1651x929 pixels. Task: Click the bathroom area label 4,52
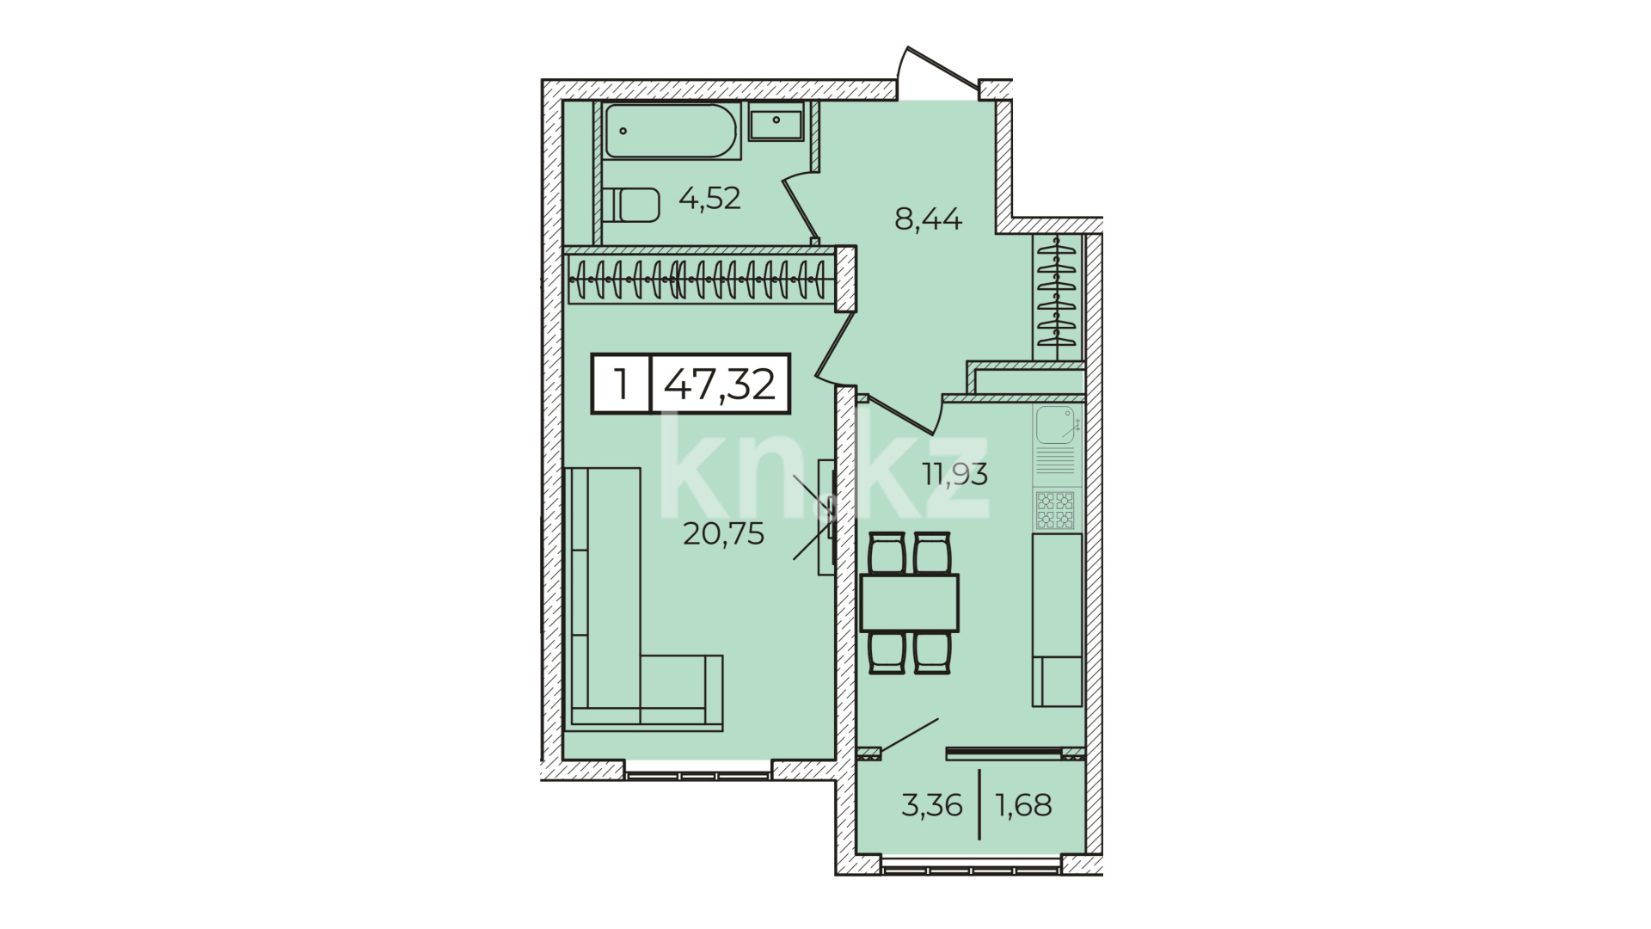[709, 199]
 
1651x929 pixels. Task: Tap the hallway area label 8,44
[928, 219]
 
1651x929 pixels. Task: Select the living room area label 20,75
[723, 534]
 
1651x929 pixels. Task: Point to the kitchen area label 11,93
[955, 473]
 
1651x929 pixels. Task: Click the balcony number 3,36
[931, 806]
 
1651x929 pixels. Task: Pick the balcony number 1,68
[1023, 806]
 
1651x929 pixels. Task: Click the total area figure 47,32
[721, 384]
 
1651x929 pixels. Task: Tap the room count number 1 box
[621, 384]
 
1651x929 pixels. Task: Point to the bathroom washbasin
[776, 122]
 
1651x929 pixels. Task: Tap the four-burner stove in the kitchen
[1056, 511]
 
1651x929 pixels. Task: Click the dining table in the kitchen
[910, 603]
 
